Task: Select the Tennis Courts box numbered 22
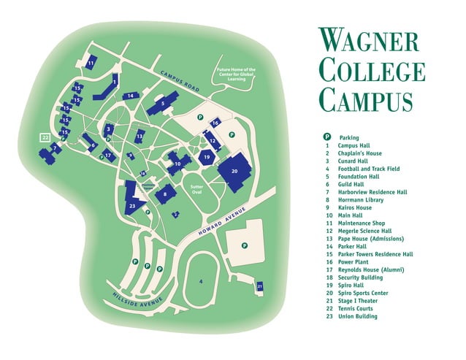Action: click(45, 137)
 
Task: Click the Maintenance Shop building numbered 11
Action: click(91, 64)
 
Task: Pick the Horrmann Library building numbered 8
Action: click(166, 194)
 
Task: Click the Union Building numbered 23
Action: click(132, 205)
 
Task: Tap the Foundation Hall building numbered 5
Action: click(163, 104)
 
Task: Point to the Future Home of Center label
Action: click(234, 74)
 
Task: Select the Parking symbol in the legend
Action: click(327, 137)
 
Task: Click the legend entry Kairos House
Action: click(354, 208)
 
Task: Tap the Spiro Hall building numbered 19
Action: click(207, 157)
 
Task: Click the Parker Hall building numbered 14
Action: click(130, 96)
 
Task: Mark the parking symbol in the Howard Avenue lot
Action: click(245, 245)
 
